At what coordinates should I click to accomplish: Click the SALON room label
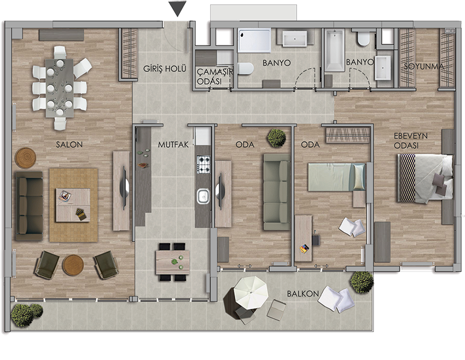click(x=69, y=145)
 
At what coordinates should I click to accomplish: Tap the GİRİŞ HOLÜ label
click(x=164, y=69)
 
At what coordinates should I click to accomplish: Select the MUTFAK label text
click(x=173, y=145)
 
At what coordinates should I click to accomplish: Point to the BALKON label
click(x=303, y=294)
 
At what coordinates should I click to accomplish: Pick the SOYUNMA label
click(x=424, y=67)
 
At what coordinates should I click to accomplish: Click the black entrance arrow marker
click(x=178, y=8)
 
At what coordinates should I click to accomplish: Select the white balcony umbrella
click(x=251, y=292)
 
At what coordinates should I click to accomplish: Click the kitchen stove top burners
click(x=204, y=165)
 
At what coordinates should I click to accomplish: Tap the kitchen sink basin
click(x=203, y=196)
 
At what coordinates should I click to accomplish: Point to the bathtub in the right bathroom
click(x=334, y=50)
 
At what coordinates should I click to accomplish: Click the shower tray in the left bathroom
click(x=254, y=40)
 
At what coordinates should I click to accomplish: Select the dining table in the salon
click(x=60, y=88)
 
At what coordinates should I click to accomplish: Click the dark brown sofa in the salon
click(x=29, y=206)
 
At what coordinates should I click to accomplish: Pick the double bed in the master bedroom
click(x=425, y=178)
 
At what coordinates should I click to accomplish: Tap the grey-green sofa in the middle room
click(x=277, y=192)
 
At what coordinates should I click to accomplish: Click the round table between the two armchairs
click(x=73, y=264)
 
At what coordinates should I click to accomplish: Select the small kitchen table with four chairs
click(x=173, y=262)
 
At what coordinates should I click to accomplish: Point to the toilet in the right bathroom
click(x=363, y=39)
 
